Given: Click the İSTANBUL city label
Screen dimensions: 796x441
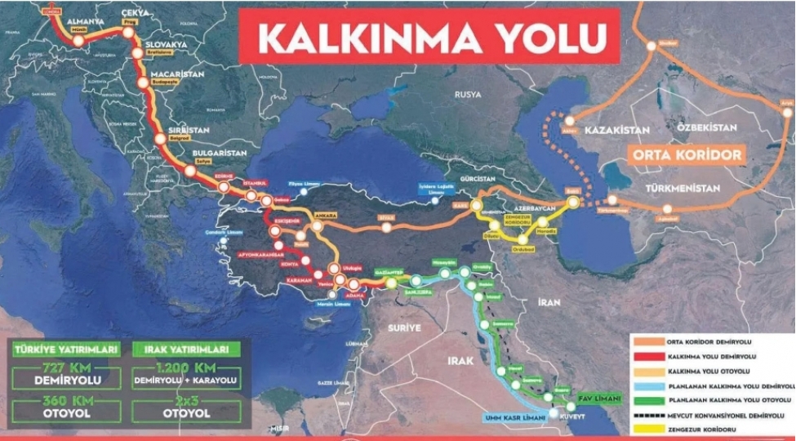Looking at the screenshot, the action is (251, 183).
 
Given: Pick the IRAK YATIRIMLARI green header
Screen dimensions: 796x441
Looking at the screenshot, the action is (187, 350).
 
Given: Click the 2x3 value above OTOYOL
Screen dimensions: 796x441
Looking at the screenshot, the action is (187, 399).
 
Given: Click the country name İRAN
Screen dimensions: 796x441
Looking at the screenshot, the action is (549, 302).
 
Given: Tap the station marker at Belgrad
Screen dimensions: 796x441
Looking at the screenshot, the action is (160, 140).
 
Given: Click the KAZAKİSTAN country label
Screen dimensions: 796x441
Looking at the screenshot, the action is (616, 131).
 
